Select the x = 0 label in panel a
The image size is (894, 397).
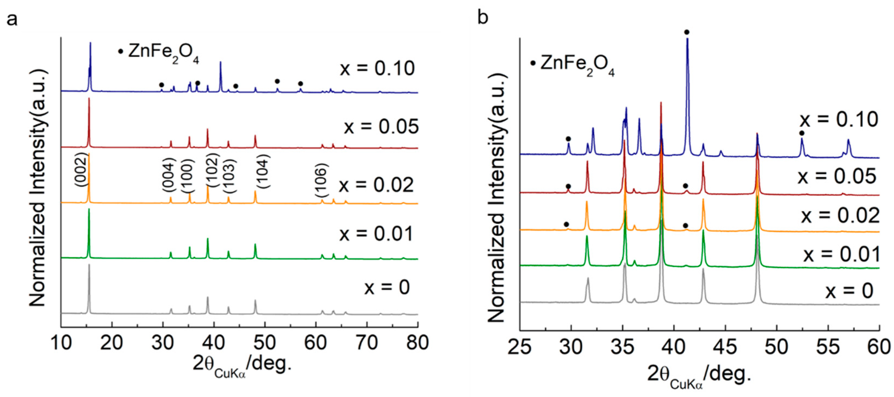point(387,287)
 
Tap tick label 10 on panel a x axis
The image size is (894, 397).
point(61,343)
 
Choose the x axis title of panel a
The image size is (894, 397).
point(242,365)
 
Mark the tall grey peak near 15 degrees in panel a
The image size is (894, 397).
point(89,288)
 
